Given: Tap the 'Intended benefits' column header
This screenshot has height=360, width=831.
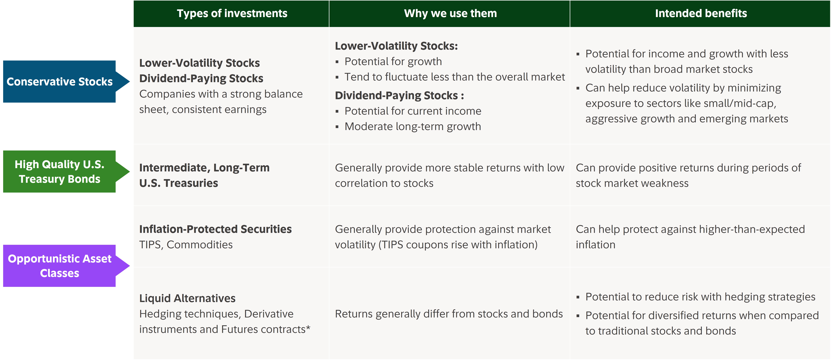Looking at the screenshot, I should tap(701, 14).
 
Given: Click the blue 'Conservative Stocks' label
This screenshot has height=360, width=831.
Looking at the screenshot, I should tap(60, 82).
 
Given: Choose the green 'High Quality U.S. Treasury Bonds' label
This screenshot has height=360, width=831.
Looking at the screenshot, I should tap(60, 172).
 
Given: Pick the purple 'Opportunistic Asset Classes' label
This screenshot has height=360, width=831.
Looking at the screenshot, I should tap(60, 266).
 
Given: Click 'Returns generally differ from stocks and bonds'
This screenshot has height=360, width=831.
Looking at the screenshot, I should tap(449, 314).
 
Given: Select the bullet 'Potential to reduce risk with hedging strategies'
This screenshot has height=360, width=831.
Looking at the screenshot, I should tap(700, 297).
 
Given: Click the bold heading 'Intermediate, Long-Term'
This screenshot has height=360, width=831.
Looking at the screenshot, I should tap(204, 168).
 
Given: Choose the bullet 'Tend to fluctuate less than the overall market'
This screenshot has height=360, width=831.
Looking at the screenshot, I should tap(455, 77).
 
